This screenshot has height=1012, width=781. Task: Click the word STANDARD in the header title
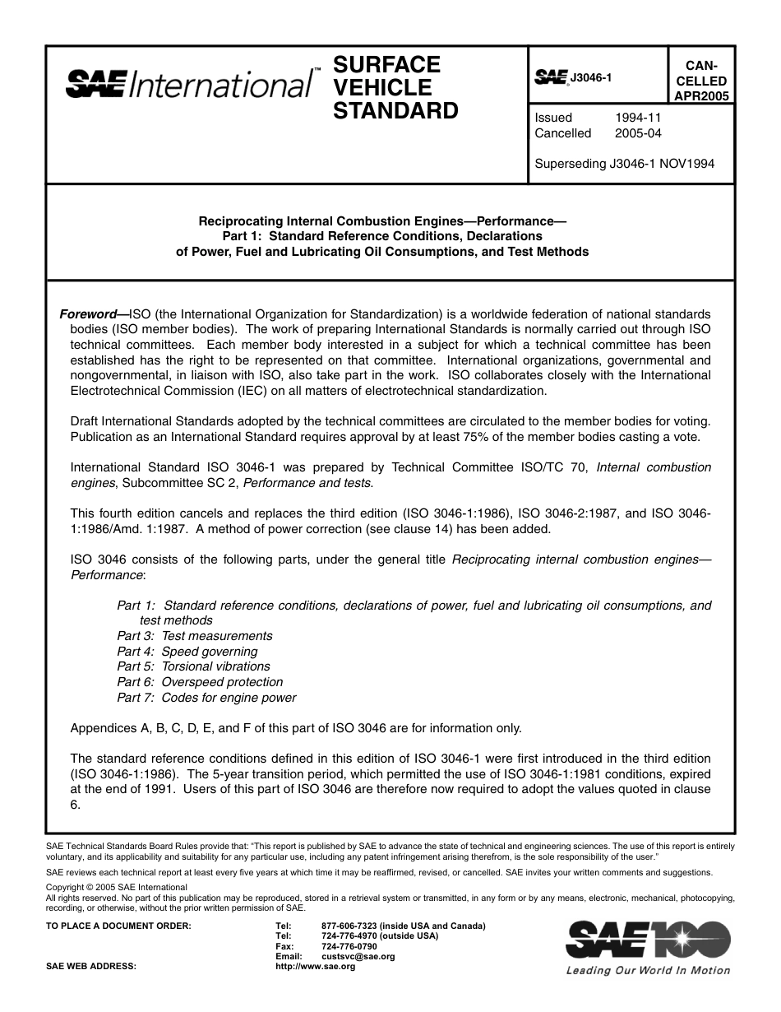(x=395, y=111)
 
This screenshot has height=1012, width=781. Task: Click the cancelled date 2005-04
(x=637, y=133)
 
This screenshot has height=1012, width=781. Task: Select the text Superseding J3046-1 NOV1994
(x=624, y=164)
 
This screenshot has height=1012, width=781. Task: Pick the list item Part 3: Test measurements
(x=194, y=636)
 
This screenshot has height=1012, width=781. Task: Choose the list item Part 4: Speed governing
(x=187, y=652)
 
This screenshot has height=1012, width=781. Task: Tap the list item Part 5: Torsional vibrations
(x=193, y=666)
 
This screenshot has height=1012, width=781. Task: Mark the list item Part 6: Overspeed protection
(x=200, y=682)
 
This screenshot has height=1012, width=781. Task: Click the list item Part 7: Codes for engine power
(x=206, y=698)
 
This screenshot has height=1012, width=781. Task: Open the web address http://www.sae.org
(x=316, y=967)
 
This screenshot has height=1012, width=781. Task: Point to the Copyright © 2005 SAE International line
(x=117, y=887)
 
